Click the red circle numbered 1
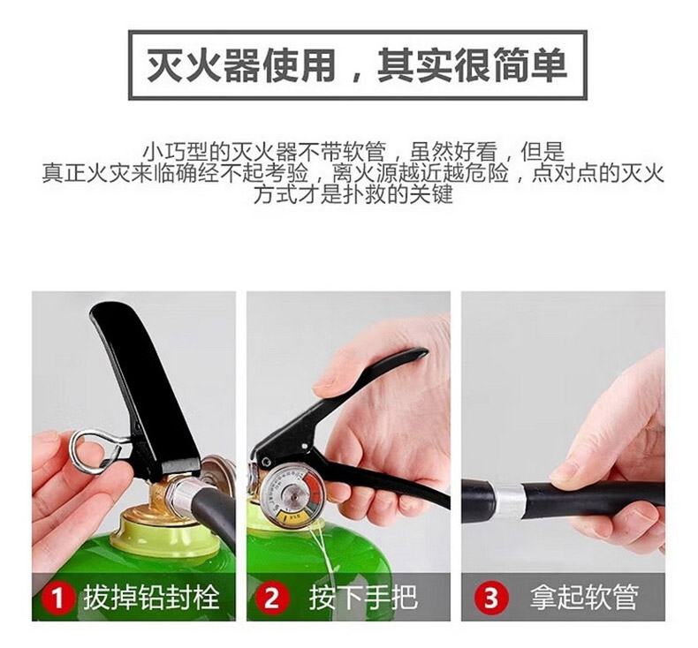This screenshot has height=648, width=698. click(57, 598)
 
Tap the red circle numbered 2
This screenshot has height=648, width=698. click(271, 598)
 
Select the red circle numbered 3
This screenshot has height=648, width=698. click(490, 598)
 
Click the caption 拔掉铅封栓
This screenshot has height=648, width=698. click(151, 598)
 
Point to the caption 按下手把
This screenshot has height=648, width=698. click(363, 598)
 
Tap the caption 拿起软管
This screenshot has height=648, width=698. click(584, 598)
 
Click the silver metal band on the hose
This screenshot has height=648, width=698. click(508, 502)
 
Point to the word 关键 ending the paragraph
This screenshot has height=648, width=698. click(431, 194)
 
